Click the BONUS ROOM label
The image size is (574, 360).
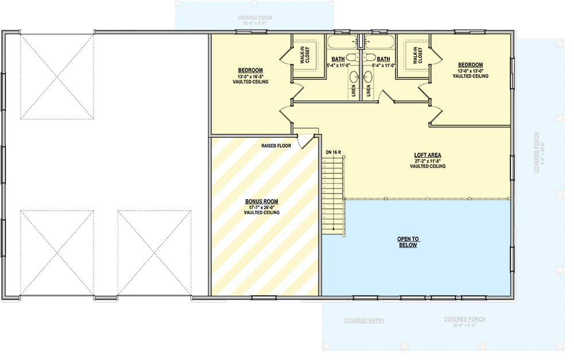[261, 202]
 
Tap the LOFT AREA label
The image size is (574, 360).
[428, 155]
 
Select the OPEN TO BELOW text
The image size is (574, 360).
[408, 242]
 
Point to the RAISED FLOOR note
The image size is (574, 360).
[276, 146]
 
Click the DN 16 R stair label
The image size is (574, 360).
[333, 152]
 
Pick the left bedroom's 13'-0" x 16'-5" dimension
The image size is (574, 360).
[250, 76]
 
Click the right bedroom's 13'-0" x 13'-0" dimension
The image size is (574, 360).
[470, 71]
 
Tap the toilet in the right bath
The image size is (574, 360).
[370, 57]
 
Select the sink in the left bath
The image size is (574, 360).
[354, 78]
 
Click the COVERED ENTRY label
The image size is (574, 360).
[364, 320]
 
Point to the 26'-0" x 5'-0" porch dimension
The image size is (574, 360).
[255, 24]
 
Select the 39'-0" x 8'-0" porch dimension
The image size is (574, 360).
[464, 325]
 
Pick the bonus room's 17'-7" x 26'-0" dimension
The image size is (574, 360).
[261, 207]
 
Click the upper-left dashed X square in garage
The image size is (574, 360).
[57, 77]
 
